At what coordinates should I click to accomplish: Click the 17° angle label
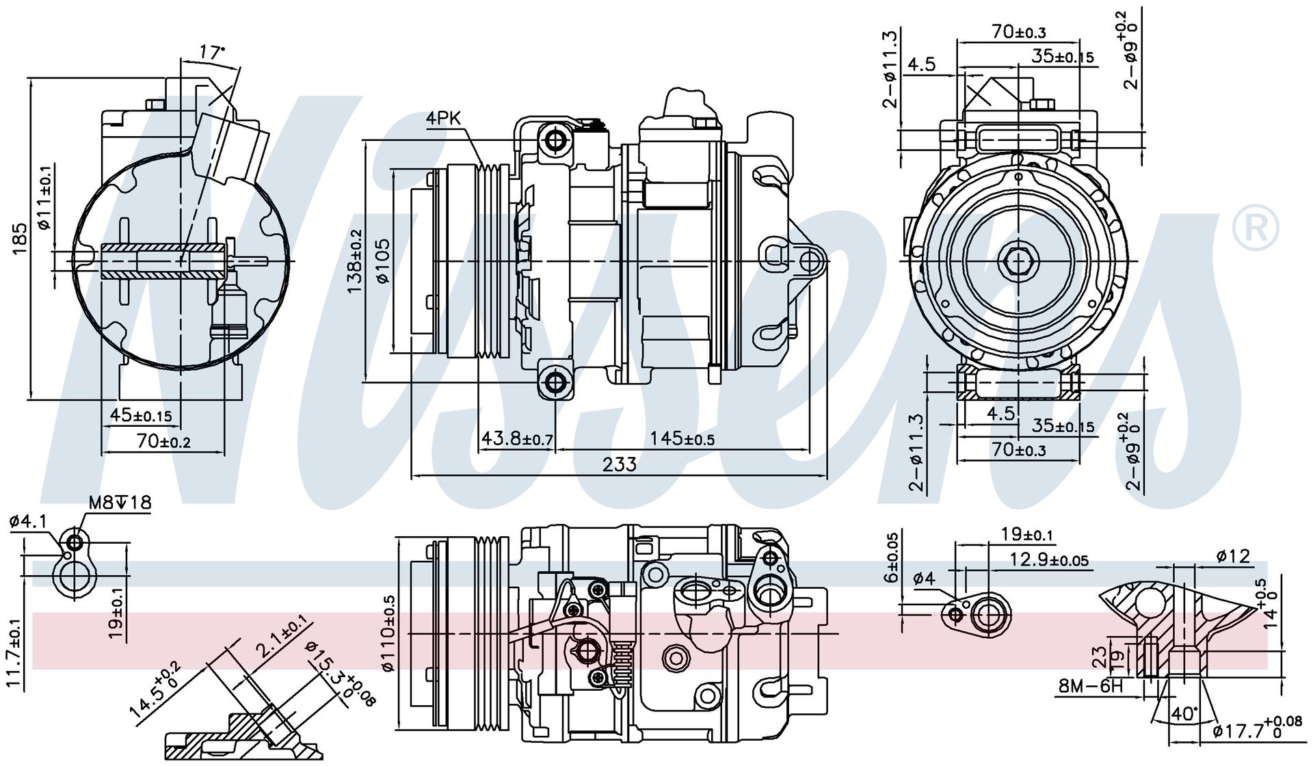[x=213, y=52]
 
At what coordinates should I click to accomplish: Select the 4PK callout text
[x=444, y=118]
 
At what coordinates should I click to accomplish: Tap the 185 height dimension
[x=20, y=239]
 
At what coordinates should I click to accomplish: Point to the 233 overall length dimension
[x=620, y=464]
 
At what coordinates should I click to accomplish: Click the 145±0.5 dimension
[x=682, y=438]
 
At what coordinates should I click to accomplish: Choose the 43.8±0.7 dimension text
[x=518, y=438]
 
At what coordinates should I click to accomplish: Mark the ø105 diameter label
[x=382, y=261]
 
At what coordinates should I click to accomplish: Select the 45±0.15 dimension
[x=141, y=415]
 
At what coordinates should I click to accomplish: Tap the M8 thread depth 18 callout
[x=120, y=503]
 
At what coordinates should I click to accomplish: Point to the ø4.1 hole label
[x=28, y=523]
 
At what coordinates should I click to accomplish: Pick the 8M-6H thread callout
[x=1091, y=686]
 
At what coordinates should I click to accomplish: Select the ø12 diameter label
[x=1234, y=556]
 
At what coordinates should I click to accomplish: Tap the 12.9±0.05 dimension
[x=1049, y=559]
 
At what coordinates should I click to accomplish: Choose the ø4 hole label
[x=924, y=579]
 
